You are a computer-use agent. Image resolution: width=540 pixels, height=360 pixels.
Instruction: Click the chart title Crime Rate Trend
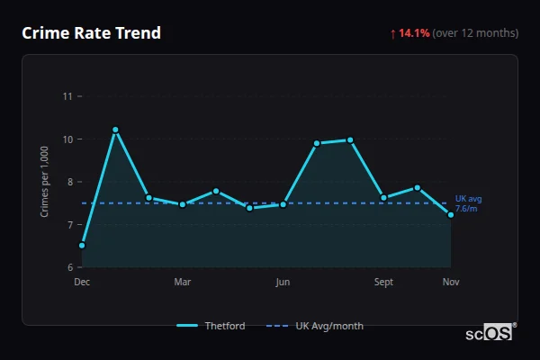91,33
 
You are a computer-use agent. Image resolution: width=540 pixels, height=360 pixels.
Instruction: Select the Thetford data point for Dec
82,245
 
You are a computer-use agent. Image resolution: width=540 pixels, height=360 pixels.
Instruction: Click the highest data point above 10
115,130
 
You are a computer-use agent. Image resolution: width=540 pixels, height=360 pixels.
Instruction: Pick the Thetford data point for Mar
183,204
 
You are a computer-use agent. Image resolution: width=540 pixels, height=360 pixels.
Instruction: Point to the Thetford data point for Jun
283,204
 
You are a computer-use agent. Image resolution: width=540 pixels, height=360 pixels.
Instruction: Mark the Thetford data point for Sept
383,198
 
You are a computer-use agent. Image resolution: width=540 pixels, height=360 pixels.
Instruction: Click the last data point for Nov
451,215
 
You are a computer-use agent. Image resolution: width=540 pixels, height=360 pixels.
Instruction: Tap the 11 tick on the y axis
67,96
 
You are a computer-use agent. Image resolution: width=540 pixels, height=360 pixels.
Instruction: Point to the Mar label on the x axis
183,283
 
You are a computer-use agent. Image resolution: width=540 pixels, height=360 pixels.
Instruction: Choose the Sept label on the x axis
383,283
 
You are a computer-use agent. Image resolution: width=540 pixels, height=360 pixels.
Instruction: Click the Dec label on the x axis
82,283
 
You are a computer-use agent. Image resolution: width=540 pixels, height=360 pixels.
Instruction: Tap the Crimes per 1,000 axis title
45,182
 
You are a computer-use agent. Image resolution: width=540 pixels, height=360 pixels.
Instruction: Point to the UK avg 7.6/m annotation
468,203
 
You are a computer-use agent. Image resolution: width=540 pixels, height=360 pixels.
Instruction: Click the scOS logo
490,333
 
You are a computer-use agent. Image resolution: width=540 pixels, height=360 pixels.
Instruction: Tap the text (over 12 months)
475,33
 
